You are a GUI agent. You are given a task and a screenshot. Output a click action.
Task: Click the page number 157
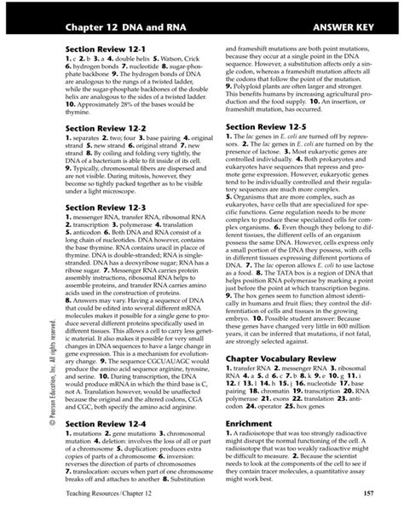[x=368, y=494]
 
